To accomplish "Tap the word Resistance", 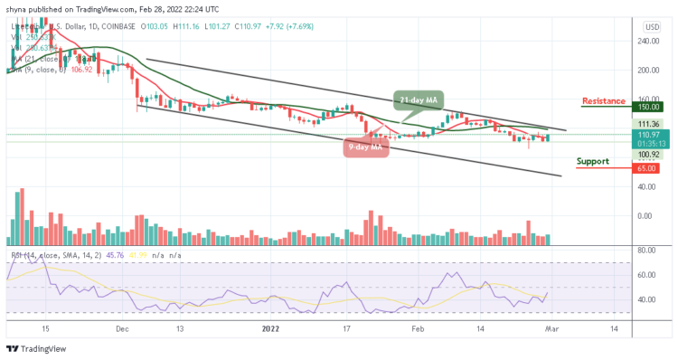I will point(606,99).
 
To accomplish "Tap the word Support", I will point(596,161).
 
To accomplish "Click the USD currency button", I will point(651,27).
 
